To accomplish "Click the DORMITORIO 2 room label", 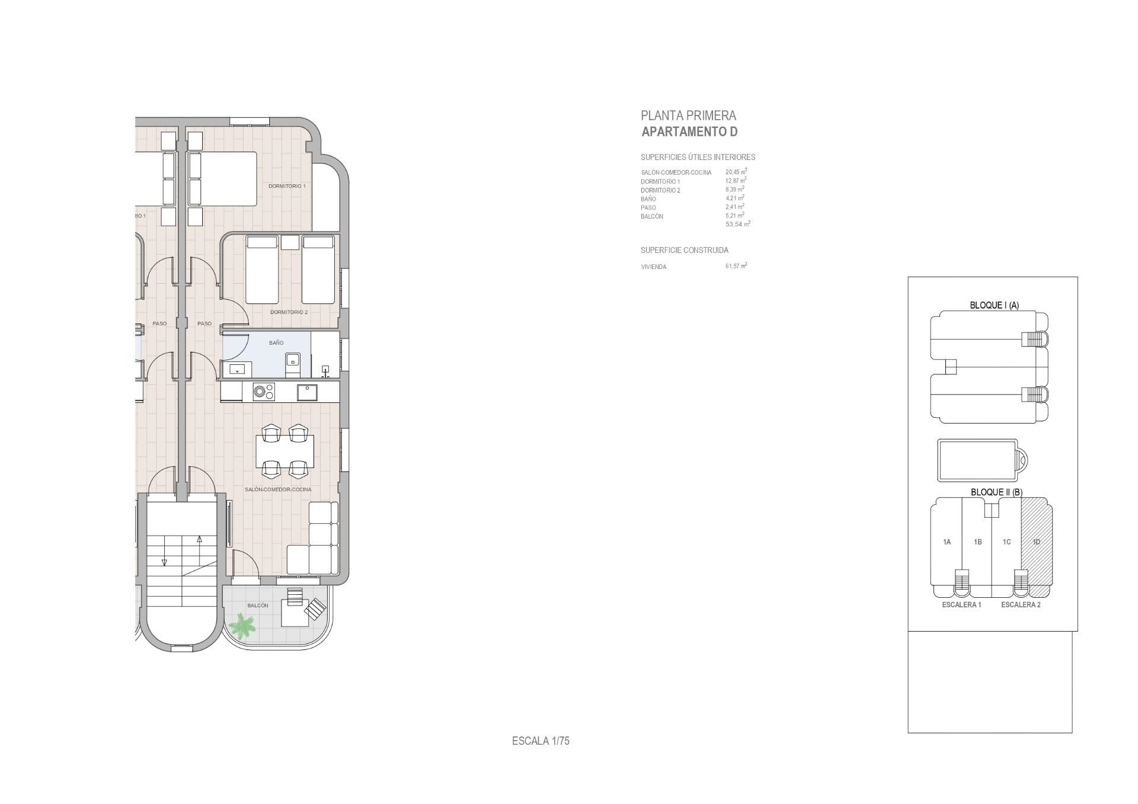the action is coord(289,312).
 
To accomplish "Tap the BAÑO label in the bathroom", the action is coord(276,343).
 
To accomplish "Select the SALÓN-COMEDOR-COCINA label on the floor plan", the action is coord(278,489).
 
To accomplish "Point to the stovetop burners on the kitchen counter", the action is coord(264,392).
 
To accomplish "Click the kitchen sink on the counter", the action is coord(307,392).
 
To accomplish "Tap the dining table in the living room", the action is coord(285,451).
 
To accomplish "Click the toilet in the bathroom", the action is coord(293,365).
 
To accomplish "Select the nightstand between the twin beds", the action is coord(290,242).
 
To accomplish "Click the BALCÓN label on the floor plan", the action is coord(258,606).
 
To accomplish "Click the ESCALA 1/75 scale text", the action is coord(541,741).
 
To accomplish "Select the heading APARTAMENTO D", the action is coord(689,132).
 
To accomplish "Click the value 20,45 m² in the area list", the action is coord(736,172).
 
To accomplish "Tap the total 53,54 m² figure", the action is coord(738,224).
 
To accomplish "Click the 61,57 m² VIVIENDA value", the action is coord(736,266).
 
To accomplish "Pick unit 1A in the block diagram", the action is coord(947,542).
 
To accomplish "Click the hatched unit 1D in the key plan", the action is coord(1037,542).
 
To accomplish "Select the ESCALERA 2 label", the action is coord(1021,605).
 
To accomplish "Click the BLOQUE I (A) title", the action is coord(994,305).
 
